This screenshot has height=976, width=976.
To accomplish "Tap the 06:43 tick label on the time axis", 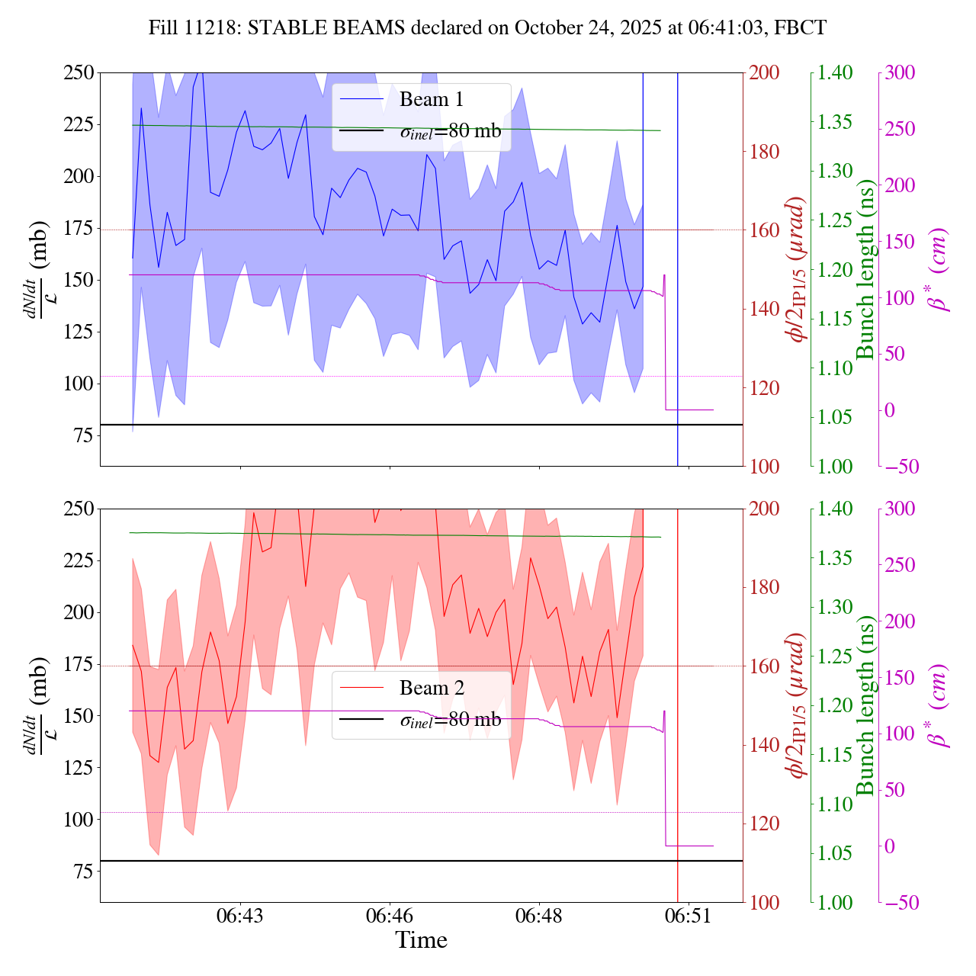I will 240,916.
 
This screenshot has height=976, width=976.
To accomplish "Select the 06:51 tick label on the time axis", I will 689,916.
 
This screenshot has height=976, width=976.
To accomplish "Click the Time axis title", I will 421,940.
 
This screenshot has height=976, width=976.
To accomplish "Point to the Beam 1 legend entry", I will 431,100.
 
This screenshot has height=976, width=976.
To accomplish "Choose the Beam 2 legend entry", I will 431,689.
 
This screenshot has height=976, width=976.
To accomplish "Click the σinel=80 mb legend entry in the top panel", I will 451,131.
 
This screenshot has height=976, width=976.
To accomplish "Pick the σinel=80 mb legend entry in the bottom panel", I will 451,720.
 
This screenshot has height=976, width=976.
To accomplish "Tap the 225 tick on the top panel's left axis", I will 79,124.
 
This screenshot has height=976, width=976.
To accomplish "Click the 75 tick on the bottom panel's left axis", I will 83,872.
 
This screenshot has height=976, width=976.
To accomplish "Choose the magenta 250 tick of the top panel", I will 899,130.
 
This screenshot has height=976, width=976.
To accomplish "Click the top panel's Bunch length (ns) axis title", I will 865,270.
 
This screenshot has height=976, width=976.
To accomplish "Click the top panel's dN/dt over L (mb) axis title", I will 38,270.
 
